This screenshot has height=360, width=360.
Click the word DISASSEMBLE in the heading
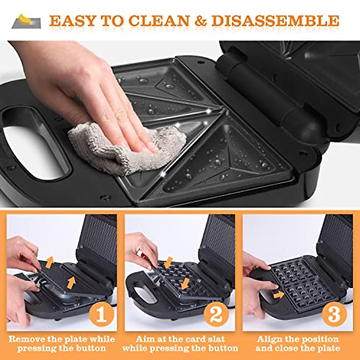click(275, 21)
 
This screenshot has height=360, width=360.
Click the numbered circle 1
click(101, 314)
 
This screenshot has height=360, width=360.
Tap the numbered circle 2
click(216, 314)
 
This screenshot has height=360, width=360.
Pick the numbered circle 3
click(334, 314)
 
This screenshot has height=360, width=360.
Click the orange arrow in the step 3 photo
click(279, 295)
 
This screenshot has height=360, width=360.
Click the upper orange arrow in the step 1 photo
click(49, 262)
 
